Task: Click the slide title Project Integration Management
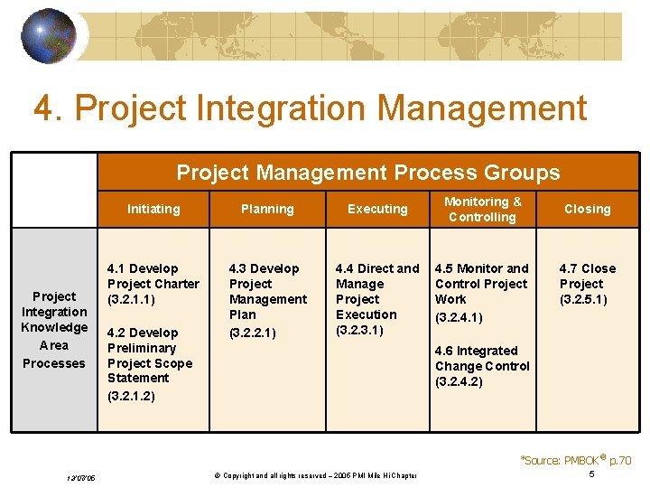[x=310, y=108]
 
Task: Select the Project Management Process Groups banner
[x=367, y=172]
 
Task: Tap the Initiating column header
[x=153, y=209]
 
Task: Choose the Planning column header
[x=267, y=209]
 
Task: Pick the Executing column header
[x=377, y=209]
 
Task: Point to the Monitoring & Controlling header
[x=482, y=209]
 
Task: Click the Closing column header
[x=587, y=209]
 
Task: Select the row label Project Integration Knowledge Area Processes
[x=54, y=330]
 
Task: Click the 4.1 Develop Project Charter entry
[x=153, y=284]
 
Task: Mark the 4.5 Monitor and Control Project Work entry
[x=481, y=291]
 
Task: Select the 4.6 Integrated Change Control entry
[x=482, y=365]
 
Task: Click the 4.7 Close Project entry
[x=587, y=284]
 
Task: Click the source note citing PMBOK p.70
[x=575, y=460]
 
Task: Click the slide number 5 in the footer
[x=591, y=474]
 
